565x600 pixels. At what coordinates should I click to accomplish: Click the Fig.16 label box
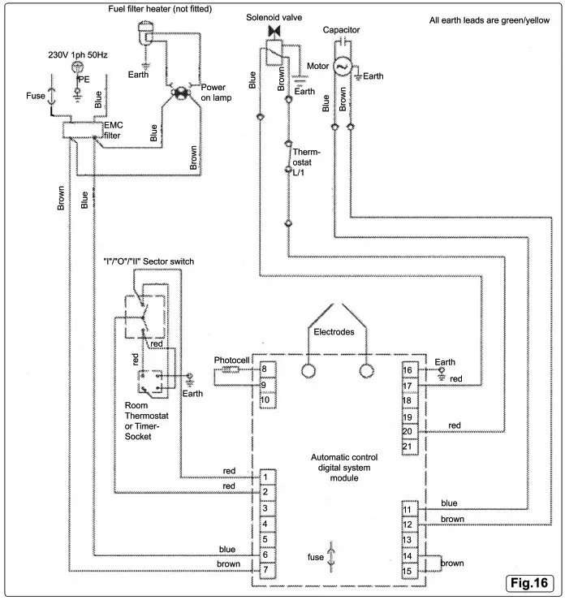tap(528, 582)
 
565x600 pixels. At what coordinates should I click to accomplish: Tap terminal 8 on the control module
tap(265, 370)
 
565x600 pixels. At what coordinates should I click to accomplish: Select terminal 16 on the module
tap(409, 370)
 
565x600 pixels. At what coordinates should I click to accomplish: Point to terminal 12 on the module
tap(409, 524)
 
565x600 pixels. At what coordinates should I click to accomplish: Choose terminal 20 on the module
tap(409, 432)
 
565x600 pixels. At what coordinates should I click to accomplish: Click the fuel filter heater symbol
tap(146, 32)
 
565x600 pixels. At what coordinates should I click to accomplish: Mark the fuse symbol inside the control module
tap(330, 557)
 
